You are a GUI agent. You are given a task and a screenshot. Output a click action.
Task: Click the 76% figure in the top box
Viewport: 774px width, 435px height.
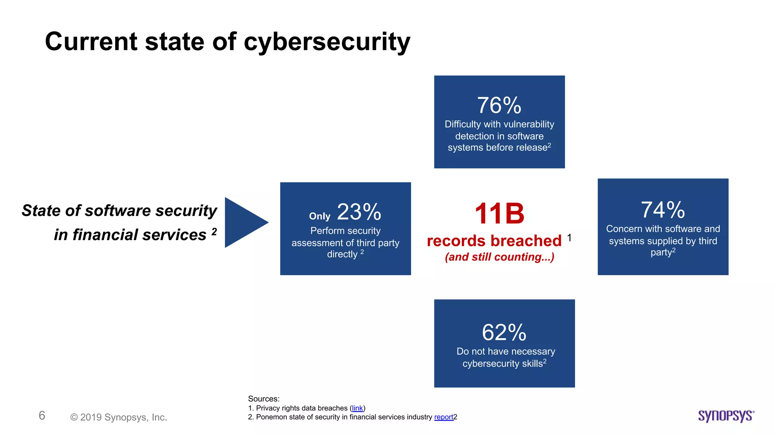point(499,105)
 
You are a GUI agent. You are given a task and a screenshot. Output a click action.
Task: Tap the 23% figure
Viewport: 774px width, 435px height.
point(359,212)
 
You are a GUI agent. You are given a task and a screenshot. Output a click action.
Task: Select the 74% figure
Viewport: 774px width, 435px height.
point(663,210)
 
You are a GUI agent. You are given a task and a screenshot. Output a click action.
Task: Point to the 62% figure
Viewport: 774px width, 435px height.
point(504,333)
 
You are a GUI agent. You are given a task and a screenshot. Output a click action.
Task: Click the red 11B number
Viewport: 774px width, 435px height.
point(499,214)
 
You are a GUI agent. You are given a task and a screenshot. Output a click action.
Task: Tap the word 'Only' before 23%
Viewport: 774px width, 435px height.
point(319,216)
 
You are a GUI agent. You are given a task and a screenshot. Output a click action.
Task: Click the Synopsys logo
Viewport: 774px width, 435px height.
point(726,416)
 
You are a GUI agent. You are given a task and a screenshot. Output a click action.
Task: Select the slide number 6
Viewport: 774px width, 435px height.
point(42,415)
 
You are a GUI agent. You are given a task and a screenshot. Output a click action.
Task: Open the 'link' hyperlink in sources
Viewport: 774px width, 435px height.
point(357,408)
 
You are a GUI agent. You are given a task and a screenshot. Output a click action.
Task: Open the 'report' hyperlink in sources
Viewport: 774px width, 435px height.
point(443,417)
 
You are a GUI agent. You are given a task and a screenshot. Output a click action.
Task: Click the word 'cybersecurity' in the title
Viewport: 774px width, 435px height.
point(327,42)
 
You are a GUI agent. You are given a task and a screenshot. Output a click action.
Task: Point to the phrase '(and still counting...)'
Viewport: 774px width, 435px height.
point(499,257)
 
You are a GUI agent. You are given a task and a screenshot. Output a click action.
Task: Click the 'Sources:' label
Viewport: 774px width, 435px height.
point(263,399)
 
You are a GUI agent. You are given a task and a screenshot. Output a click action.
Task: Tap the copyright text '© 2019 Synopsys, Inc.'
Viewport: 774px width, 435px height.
point(119,417)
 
